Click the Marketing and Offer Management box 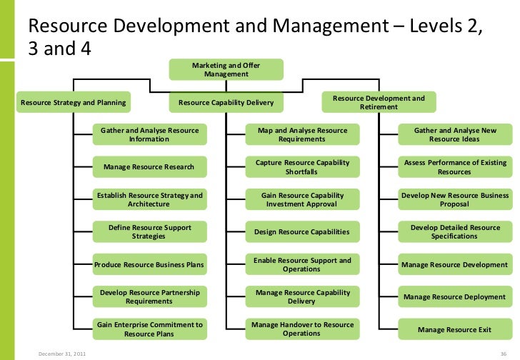(x=226, y=69)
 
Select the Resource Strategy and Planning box (x=74, y=103)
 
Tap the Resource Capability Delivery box (x=226, y=103)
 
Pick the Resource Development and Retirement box (x=379, y=102)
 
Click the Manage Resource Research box (x=149, y=167)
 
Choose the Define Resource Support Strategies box (x=149, y=231)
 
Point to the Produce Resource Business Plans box (x=149, y=264)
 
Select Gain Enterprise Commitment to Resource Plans (x=149, y=329)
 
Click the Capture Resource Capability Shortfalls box (x=302, y=167)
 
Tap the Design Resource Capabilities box (x=302, y=231)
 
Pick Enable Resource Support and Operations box (x=302, y=264)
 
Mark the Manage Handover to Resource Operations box (x=302, y=329)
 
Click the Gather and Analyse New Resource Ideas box (x=455, y=135)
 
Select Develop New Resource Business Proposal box (x=455, y=199)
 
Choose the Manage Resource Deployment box (x=455, y=296)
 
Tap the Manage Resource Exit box (x=455, y=329)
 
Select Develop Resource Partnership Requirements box (x=149, y=296)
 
